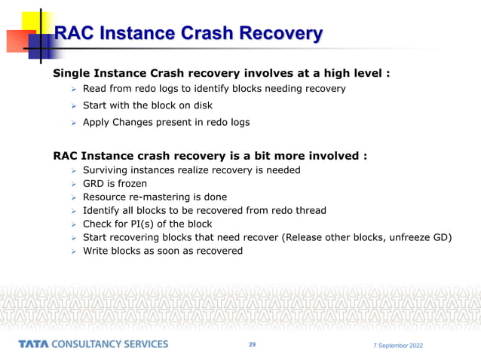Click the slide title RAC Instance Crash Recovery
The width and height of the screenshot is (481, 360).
point(188,34)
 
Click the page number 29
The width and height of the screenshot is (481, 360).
point(252,344)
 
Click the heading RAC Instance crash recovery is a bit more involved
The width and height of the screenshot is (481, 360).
point(210,156)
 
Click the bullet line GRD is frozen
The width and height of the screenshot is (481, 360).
point(115,183)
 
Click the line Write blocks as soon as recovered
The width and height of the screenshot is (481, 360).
point(162,251)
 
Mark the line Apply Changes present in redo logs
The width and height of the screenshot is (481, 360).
point(165,121)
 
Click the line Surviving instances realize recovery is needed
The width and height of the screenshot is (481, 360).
point(191,169)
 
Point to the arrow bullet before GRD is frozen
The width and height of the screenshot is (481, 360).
point(74,184)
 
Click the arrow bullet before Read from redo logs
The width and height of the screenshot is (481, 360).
point(74,90)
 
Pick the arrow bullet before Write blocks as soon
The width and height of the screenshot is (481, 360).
point(74,252)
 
